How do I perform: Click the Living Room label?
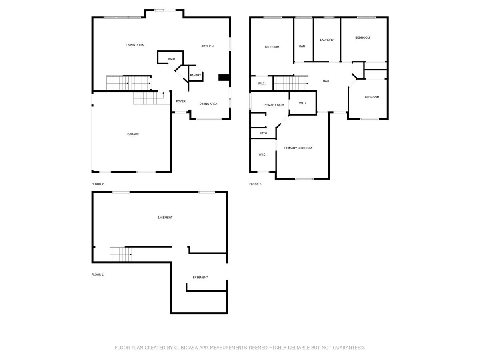tap(135, 45)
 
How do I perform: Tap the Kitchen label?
tap(207, 46)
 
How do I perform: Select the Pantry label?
tap(196, 76)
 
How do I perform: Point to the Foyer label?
tap(181, 102)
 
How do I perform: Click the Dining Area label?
tap(208, 104)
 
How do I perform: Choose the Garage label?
tap(133, 134)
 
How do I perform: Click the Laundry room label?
tap(327, 40)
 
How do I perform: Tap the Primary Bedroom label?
tap(298, 148)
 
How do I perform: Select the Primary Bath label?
tap(274, 105)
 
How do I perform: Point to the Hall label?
tap(326, 81)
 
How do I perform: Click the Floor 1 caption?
tap(98, 275)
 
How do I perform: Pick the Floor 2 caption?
tap(98, 184)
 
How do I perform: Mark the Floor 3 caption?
tap(255, 184)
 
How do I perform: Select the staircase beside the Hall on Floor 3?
tap(290, 84)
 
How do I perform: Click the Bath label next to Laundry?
tap(303, 46)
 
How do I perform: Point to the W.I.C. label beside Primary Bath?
tap(302, 103)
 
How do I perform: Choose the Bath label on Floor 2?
tap(171, 59)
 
